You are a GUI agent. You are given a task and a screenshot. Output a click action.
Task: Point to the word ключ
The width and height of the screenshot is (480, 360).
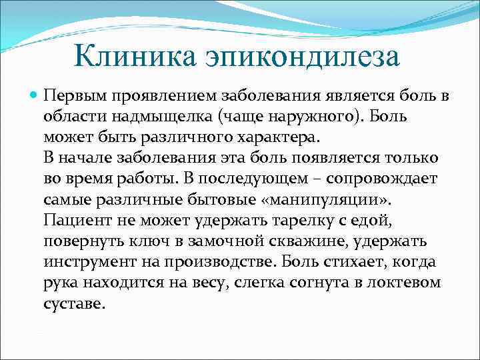click(x=149, y=241)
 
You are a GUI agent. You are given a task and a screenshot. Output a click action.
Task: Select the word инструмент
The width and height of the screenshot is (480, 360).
click(x=85, y=262)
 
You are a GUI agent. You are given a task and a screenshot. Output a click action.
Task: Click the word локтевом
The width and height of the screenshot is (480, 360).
click(x=406, y=283)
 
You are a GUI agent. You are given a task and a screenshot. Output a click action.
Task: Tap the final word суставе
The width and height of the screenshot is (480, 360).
click(x=74, y=303)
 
